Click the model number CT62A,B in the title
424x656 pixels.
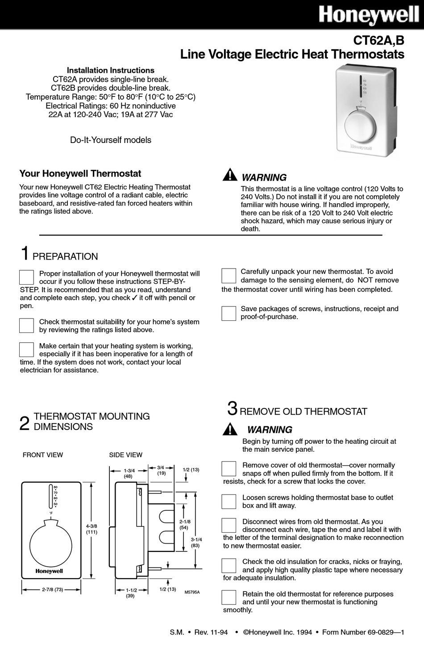(x=378, y=41)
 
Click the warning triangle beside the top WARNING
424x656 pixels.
(x=229, y=175)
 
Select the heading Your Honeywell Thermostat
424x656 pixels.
(x=80, y=174)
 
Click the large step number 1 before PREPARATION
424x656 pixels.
(x=25, y=253)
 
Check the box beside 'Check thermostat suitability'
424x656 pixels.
(x=27, y=325)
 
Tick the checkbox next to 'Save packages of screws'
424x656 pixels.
(x=229, y=313)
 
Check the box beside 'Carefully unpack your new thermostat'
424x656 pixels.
(x=229, y=276)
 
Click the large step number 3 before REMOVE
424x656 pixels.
(x=232, y=408)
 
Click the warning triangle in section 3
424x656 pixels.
(x=230, y=429)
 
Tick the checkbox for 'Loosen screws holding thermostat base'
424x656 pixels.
(x=229, y=501)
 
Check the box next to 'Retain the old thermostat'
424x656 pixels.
(x=229, y=597)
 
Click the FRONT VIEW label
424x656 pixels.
(x=43, y=455)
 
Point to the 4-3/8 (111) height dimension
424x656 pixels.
(x=91, y=529)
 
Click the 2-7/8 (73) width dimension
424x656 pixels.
(x=53, y=589)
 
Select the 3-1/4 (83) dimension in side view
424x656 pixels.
(x=195, y=542)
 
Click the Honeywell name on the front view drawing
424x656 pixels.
(x=49, y=571)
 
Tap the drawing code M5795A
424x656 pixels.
(x=192, y=592)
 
